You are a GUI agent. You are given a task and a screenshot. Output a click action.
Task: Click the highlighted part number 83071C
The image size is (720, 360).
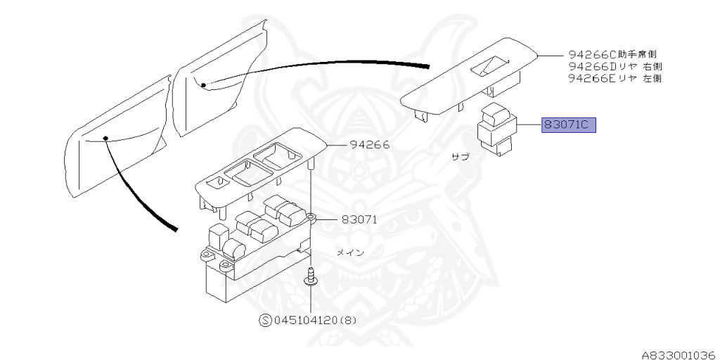coord(568,126)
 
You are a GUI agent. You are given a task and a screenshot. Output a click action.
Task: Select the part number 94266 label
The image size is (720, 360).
coord(370,146)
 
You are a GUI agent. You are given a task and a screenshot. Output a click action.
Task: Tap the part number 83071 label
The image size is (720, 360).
coord(359,219)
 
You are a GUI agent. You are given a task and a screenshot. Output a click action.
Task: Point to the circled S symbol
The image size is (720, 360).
coord(266,320)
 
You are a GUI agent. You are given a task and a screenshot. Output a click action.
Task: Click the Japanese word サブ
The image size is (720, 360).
coord(460,157)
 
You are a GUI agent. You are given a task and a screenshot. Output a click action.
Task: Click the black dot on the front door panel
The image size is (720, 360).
coord(105,138)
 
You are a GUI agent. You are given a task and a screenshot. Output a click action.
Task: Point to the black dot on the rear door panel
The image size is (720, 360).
coord(203,85)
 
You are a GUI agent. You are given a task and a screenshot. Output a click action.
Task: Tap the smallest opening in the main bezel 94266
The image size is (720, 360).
coord(219,181)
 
